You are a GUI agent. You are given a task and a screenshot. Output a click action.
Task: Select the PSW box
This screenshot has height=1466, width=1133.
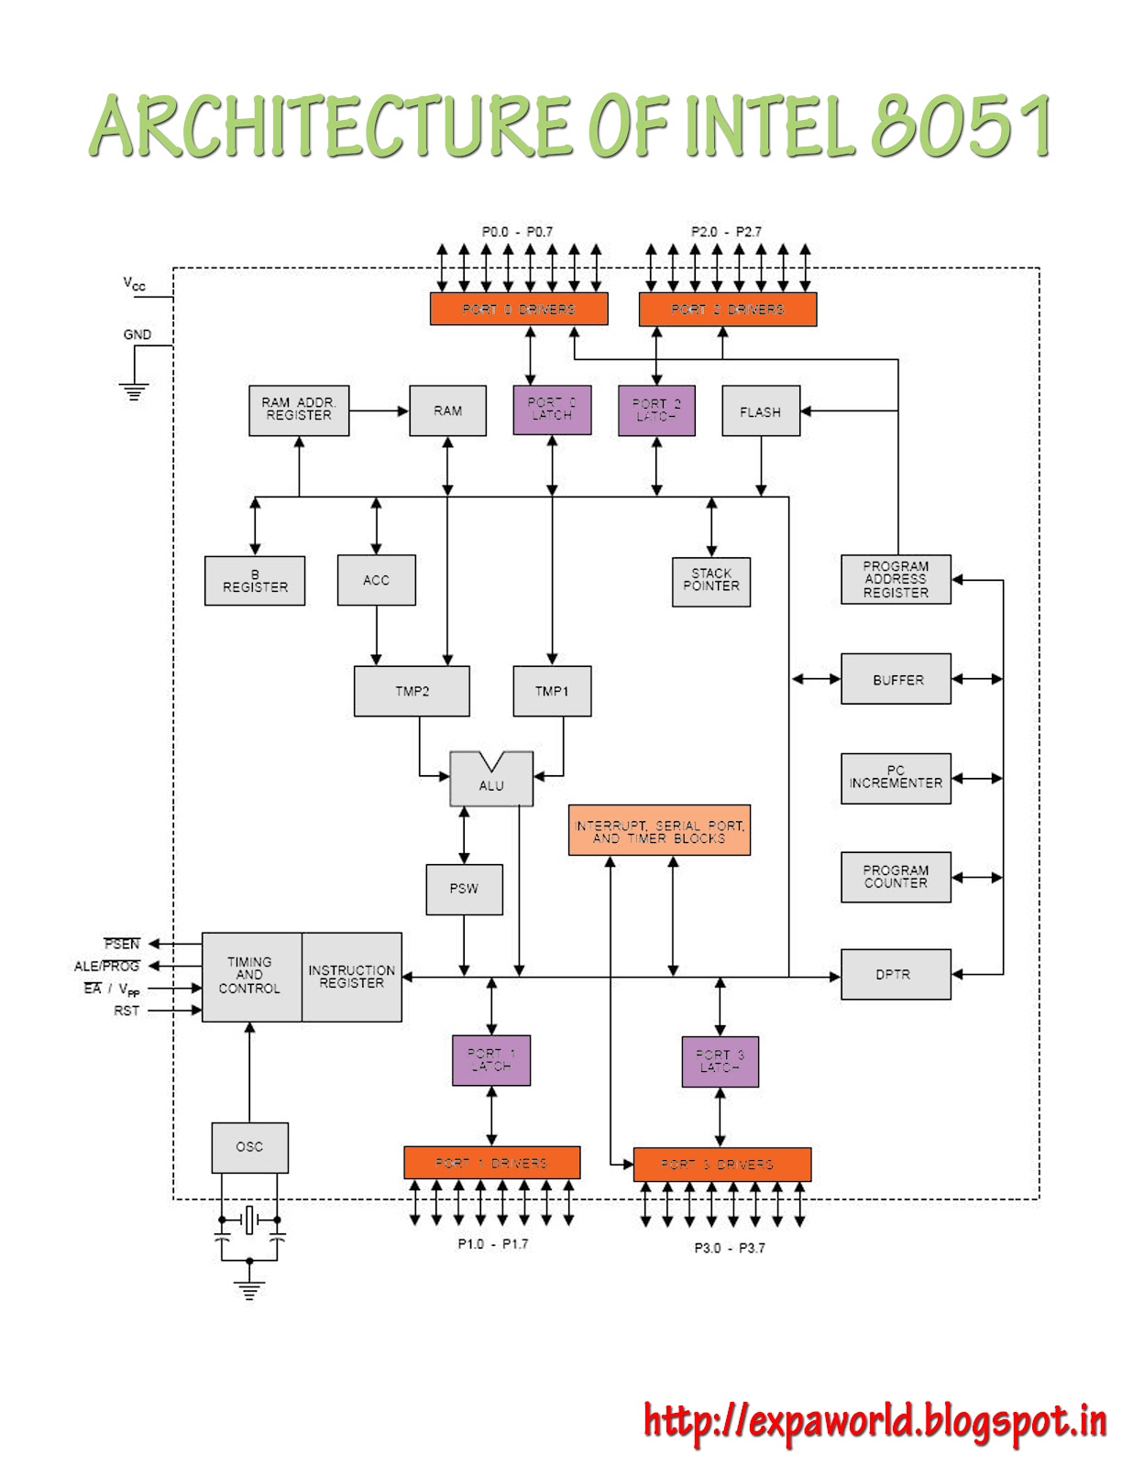[x=464, y=889]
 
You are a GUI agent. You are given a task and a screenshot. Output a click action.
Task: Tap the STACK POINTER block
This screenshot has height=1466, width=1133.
[x=711, y=581]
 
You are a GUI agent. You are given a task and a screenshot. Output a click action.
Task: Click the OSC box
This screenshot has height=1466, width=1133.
[x=249, y=1147]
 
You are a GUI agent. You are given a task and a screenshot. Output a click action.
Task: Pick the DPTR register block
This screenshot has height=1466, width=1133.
[x=895, y=974]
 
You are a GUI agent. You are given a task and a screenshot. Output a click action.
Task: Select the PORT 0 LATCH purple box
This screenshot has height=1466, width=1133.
[x=552, y=410]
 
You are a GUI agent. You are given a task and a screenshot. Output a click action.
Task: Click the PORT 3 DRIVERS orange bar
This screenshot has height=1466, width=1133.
[x=721, y=1165]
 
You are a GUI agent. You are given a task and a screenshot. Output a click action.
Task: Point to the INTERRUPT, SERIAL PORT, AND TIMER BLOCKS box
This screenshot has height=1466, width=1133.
[x=659, y=831]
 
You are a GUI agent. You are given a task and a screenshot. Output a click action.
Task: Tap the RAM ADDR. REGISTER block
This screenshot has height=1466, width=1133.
[x=299, y=410]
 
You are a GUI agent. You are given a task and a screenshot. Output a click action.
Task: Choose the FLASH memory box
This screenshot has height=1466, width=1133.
[x=761, y=411]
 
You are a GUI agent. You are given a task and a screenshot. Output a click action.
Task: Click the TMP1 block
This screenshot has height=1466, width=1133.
[x=552, y=691]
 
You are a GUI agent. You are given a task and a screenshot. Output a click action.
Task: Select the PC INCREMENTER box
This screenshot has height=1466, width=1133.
[x=896, y=778]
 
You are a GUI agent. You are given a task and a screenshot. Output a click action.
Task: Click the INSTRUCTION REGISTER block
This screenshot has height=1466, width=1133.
[x=351, y=977]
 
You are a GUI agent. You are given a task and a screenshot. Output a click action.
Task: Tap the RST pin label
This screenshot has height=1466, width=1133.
[x=126, y=1011]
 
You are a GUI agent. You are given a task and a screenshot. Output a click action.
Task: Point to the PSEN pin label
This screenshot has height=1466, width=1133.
[x=122, y=944]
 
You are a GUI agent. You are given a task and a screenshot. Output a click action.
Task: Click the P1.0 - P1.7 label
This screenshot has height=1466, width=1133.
[x=493, y=1244]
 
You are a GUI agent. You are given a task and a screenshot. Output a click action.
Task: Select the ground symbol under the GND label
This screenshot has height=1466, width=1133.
[x=134, y=392]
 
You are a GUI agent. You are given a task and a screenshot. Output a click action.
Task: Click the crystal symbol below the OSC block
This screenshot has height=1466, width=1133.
[x=248, y=1220]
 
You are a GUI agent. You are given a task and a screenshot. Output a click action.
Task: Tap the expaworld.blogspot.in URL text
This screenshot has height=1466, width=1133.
[x=874, y=1422]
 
